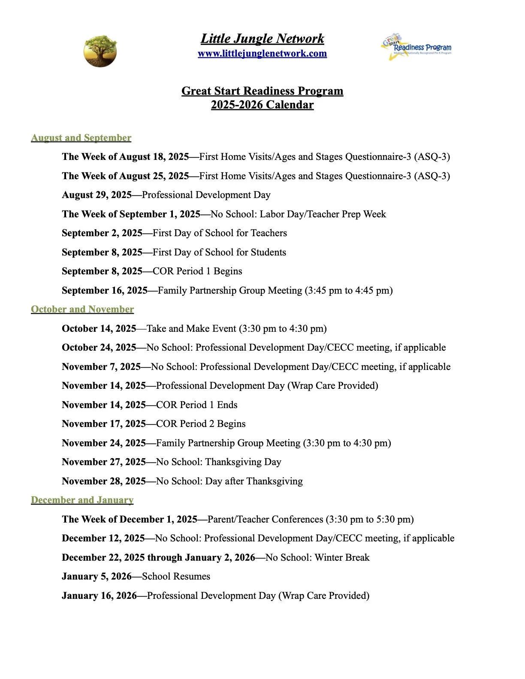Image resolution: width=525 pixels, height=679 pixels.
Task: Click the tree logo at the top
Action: [100, 51]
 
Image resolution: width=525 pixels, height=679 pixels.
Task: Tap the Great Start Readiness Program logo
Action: [416, 48]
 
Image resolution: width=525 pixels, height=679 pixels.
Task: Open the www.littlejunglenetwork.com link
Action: [262, 54]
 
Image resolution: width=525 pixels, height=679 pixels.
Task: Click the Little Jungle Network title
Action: [262, 39]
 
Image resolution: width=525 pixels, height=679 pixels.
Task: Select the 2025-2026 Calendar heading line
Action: [262, 105]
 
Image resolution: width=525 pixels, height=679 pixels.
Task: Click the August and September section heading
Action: [81, 138]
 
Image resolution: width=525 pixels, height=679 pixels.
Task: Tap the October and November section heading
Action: [82, 309]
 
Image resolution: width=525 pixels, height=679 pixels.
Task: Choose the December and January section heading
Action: [82, 500]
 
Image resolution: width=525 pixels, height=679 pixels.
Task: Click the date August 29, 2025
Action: [97, 195]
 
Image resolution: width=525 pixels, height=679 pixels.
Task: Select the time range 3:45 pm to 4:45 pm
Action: [348, 291]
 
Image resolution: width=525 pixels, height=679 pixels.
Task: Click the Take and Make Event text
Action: [191, 329]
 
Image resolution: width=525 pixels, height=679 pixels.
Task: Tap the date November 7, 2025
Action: [101, 367]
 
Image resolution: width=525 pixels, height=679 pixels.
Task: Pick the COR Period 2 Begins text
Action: [201, 424]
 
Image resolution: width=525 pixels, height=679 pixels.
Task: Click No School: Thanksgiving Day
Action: [218, 462]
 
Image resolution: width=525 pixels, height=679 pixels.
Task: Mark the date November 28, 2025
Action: [103, 481]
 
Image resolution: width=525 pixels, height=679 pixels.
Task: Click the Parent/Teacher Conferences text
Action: [265, 520]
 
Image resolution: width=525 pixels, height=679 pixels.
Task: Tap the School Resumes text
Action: [176, 577]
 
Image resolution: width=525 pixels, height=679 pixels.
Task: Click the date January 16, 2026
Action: [99, 596]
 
